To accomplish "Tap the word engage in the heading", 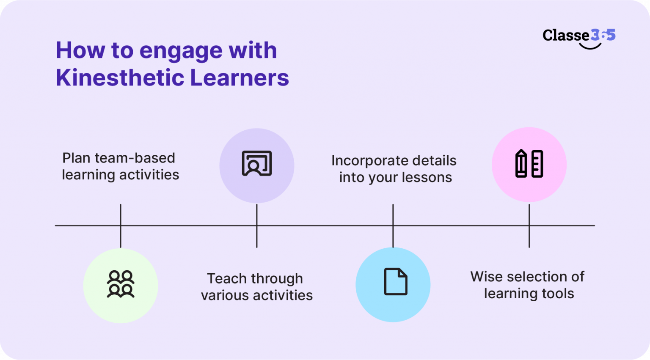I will [x=181, y=51].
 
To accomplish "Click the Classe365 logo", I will [x=578, y=36].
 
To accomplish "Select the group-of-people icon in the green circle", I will [x=121, y=284].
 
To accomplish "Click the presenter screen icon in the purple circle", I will [x=256, y=163].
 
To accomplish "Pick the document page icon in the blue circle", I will [x=395, y=282].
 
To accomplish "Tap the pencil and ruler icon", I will [x=529, y=163].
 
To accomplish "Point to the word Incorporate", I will [x=365, y=161].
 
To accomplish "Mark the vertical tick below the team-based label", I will [x=121, y=225].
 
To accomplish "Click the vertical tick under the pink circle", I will [x=529, y=225].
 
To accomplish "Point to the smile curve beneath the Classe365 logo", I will [x=590, y=46].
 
